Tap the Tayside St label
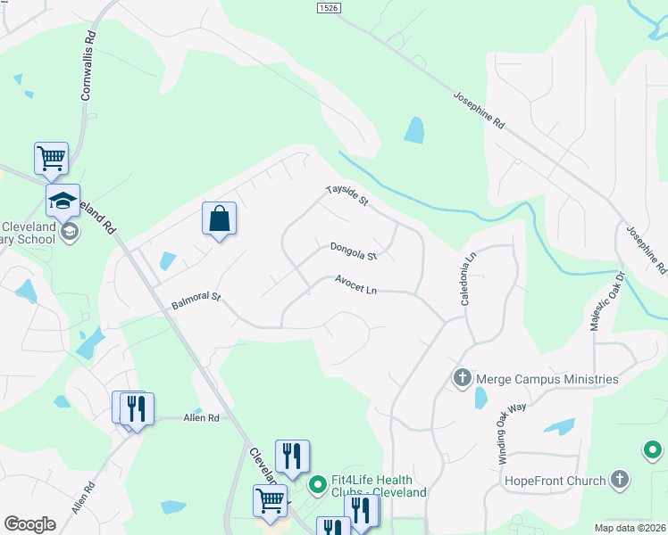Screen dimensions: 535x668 point(347,195)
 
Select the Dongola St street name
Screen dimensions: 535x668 point(354,251)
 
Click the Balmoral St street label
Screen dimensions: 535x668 point(196,300)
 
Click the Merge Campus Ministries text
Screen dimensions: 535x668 point(547,379)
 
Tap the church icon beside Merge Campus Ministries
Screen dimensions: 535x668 point(463,379)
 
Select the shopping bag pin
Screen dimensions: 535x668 point(220,218)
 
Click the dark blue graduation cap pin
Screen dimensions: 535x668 point(63,201)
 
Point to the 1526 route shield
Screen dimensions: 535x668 point(329,8)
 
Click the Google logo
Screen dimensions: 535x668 point(30,524)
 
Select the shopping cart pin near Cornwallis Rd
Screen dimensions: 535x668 point(52,159)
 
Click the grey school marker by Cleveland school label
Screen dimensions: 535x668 point(69,233)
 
